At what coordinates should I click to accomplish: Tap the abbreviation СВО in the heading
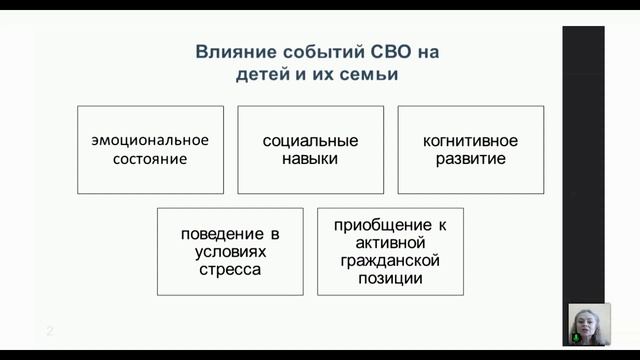[398, 52]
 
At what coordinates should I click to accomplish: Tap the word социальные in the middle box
[309, 140]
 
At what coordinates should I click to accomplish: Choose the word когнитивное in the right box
[470, 140]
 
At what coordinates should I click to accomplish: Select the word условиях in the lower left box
[230, 251]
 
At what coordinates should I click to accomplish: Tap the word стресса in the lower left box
[230, 269]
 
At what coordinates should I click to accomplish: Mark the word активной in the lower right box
[390, 242]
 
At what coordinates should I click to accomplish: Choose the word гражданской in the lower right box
[390, 260]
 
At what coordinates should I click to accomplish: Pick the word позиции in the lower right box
[390, 278]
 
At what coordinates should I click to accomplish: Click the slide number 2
[47, 331]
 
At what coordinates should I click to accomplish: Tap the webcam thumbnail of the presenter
[588, 324]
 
